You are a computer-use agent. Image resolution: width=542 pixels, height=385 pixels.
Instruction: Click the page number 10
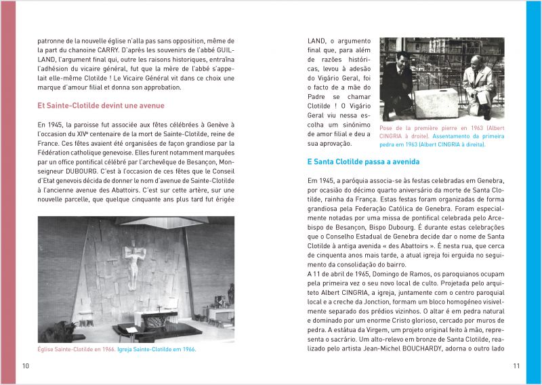(26, 366)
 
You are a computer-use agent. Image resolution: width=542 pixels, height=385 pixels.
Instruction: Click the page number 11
(516, 366)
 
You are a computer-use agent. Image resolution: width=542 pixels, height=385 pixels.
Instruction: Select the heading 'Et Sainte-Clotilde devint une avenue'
(101, 106)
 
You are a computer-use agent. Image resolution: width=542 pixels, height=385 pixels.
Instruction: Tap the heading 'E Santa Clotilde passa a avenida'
(363, 162)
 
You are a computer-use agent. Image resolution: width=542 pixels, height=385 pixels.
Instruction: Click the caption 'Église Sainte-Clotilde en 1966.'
(76, 349)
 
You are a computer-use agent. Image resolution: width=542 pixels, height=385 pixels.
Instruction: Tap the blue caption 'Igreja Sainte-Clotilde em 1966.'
(157, 349)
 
